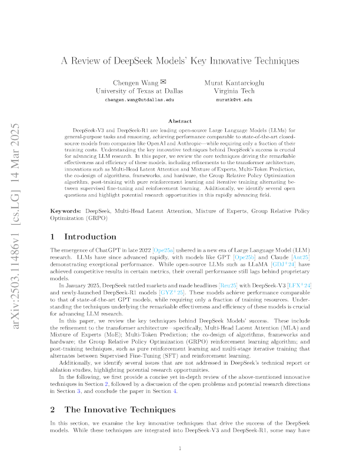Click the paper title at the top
(180, 61)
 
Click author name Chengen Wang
(135, 82)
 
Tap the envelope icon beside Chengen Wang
(163, 81)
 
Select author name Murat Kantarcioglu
(234, 82)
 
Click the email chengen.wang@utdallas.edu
(139, 100)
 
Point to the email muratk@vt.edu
(234, 100)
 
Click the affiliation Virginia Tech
(234, 91)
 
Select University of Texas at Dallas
(139, 91)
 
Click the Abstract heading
(180, 121)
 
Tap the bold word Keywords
(65, 211)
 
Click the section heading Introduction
(91, 237)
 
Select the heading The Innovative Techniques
(120, 410)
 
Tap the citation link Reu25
(228, 285)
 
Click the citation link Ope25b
(245, 257)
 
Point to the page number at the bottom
(180, 448)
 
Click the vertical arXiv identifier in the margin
(15, 226)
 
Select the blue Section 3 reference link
(79, 391)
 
